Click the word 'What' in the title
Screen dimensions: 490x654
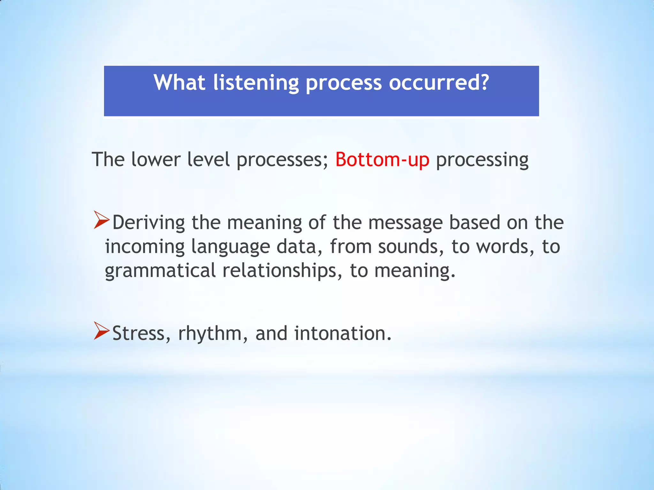coord(179,83)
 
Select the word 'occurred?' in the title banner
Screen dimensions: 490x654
coord(439,83)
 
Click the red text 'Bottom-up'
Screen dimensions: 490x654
coord(382,160)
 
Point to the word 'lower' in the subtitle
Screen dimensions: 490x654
coord(156,160)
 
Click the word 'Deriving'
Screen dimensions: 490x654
coord(148,223)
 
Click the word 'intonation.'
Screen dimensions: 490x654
coord(343,333)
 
